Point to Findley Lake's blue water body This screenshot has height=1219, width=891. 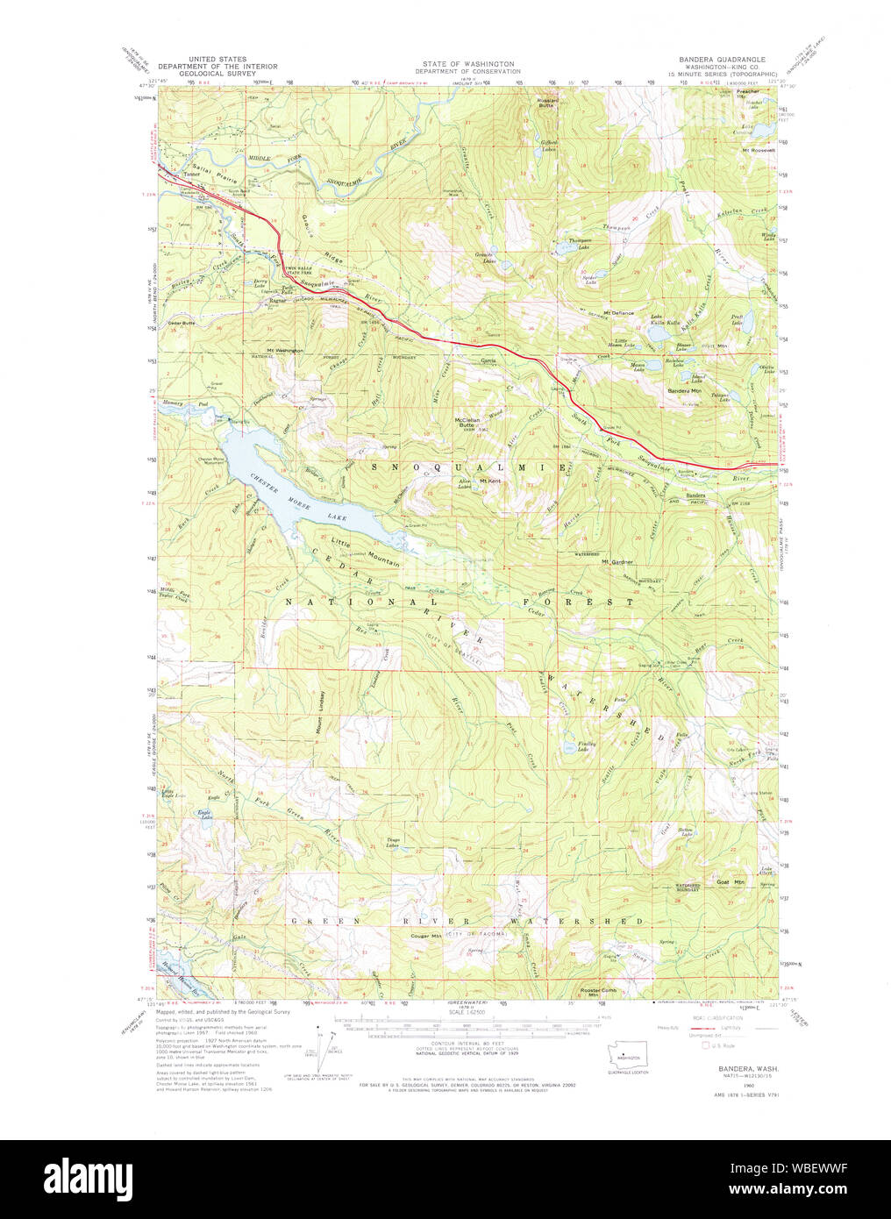click(579, 738)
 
